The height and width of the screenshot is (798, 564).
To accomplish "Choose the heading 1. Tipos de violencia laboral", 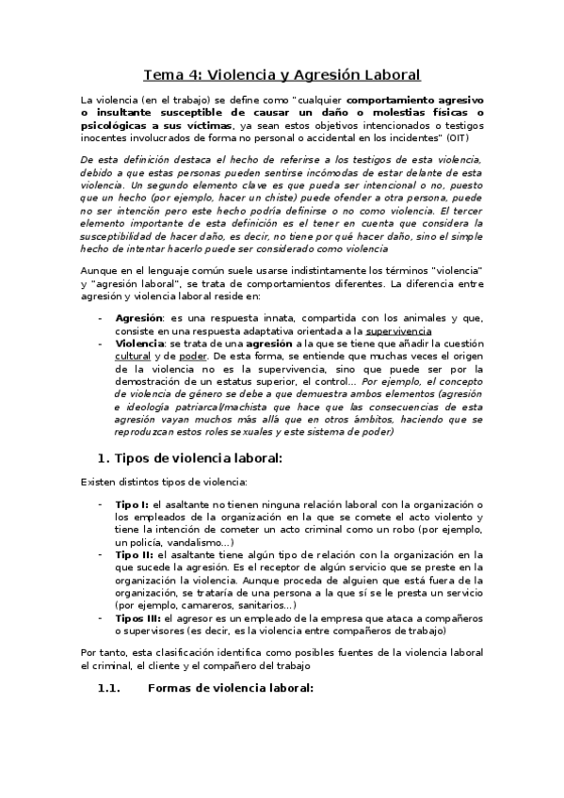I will [x=190, y=458].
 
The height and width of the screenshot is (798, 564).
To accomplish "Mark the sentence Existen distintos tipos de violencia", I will [x=164, y=483].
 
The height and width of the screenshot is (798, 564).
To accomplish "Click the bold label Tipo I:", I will [x=131, y=505].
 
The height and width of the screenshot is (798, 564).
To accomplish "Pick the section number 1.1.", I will [x=110, y=688].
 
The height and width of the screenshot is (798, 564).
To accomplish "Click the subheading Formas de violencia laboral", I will [x=231, y=688].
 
